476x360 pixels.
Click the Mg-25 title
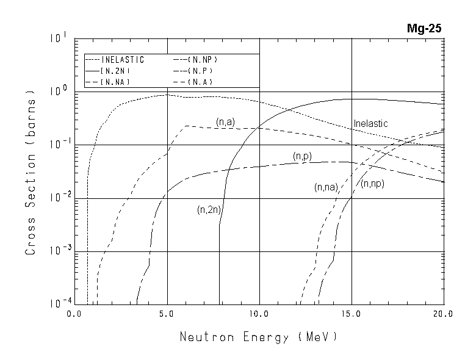(425, 28)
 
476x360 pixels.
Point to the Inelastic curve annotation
(370, 124)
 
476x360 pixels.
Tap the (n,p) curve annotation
(302, 157)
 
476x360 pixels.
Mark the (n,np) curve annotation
(372, 184)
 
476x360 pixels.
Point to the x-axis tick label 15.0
(352, 315)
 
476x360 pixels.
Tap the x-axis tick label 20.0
(442, 315)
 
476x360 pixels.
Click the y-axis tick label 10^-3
(58, 250)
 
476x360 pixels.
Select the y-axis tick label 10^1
(58, 38)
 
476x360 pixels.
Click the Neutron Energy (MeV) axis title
(258, 337)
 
